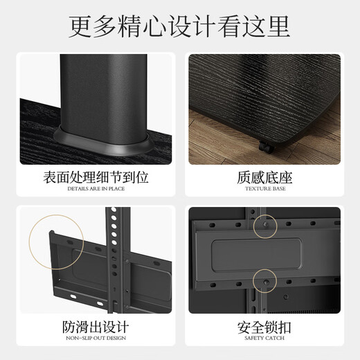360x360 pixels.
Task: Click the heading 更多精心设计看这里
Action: point(179,26)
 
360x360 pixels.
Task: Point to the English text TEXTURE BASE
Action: point(265,189)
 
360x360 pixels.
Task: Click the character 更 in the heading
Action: point(82,26)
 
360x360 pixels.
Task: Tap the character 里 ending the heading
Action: point(277,26)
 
